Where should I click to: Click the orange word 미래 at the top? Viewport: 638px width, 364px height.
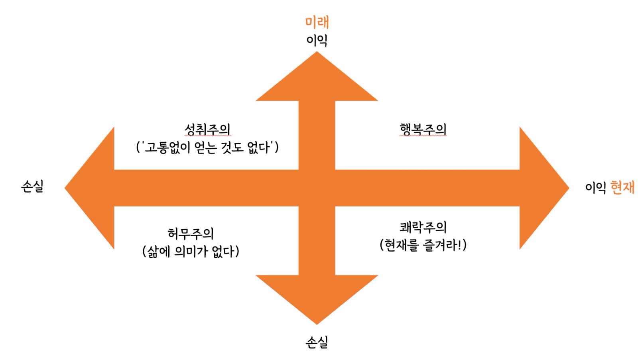pos(317,22)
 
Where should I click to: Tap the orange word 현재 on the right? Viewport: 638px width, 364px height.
pos(622,187)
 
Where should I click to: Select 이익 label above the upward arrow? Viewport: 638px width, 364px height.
pos(317,40)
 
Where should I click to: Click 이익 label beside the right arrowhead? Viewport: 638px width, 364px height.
pos(595,187)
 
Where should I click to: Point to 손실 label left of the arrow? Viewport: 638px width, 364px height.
pos(32,186)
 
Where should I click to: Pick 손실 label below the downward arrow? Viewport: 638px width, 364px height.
pos(317,342)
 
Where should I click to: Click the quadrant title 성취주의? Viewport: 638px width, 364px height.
pos(207,129)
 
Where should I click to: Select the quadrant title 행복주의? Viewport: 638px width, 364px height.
pos(423,129)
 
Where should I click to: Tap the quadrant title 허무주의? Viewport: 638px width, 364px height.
pos(191,233)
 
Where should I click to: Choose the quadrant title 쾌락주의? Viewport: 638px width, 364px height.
pos(423,227)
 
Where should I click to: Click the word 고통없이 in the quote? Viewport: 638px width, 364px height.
pos(167,148)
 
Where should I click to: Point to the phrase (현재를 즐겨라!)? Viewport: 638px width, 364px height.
pos(423,245)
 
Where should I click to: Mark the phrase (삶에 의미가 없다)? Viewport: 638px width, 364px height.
pos(191,251)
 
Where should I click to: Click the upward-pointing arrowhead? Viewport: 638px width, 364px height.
pos(317,80)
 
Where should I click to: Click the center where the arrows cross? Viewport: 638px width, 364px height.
pos(317,188)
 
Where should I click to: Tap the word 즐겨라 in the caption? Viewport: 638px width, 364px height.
pos(443,245)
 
